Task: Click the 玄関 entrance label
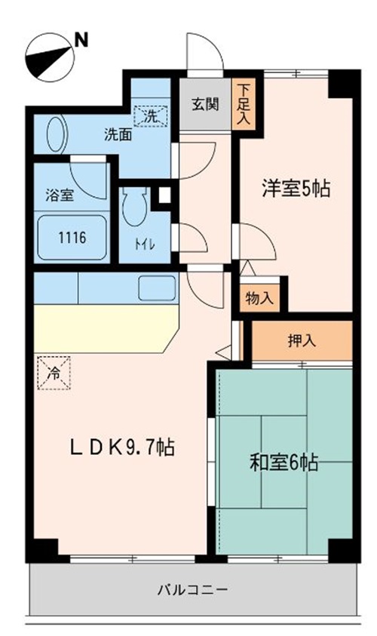[204, 104]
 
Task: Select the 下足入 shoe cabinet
[243, 105]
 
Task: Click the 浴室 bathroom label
[57, 195]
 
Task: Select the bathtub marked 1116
[72, 237]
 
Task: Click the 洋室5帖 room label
[296, 189]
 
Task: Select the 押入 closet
[302, 340]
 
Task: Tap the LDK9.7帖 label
[122, 447]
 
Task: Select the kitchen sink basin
[157, 287]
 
